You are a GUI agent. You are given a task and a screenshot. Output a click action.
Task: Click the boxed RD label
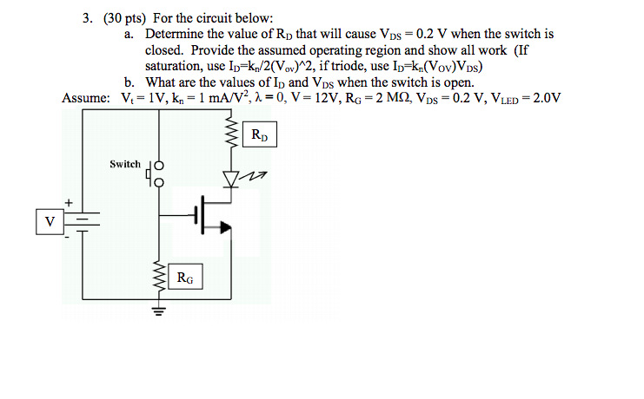click(260, 135)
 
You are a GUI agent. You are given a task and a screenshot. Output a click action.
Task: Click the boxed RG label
click(185, 278)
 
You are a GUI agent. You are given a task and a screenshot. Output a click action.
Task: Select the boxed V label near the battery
click(50, 221)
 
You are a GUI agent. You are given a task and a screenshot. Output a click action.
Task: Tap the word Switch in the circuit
click(124, 164)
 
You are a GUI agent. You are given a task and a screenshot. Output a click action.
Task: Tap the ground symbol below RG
click(160, 308)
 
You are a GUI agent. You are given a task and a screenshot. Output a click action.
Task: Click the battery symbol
click(83, 221)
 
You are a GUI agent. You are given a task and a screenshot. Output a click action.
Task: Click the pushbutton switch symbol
click(156, 173)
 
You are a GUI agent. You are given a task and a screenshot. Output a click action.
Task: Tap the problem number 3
click(87, 17)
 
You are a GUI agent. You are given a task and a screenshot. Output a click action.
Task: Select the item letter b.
click(129, 82)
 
